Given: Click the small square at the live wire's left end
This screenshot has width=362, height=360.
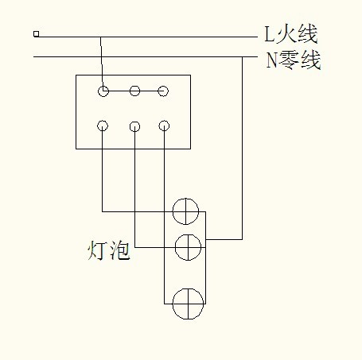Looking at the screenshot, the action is click(37, 34).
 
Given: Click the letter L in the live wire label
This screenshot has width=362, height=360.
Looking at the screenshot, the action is click(269, 34).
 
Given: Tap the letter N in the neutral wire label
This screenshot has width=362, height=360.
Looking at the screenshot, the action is click(271, 60).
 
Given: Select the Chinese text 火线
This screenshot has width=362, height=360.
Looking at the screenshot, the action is click(296, 34).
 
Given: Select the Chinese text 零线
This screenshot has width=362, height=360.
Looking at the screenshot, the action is click(300, 60).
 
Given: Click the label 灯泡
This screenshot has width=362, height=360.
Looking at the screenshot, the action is click(109, 250).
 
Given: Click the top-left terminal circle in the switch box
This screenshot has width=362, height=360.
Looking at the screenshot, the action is click(103, 91).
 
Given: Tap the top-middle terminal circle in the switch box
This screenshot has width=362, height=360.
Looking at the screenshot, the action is click(134, 91).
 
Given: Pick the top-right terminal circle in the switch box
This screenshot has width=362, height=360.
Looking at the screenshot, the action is click(163, 91).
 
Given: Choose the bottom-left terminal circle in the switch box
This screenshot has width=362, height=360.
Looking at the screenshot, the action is click(103, 126).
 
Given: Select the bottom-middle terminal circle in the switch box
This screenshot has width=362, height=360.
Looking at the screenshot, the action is click(134, 126).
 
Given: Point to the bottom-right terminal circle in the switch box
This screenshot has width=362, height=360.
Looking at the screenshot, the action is click(164, 126).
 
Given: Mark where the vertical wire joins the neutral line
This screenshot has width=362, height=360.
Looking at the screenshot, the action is click(242, 57).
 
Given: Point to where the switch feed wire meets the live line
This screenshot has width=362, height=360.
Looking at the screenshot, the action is click(100, 37).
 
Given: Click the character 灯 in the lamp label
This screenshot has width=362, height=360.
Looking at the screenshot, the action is click(97, 250).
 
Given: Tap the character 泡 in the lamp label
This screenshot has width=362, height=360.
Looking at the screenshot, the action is click(120, 250).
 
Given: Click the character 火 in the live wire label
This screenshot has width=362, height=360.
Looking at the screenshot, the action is click(285, 34).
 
